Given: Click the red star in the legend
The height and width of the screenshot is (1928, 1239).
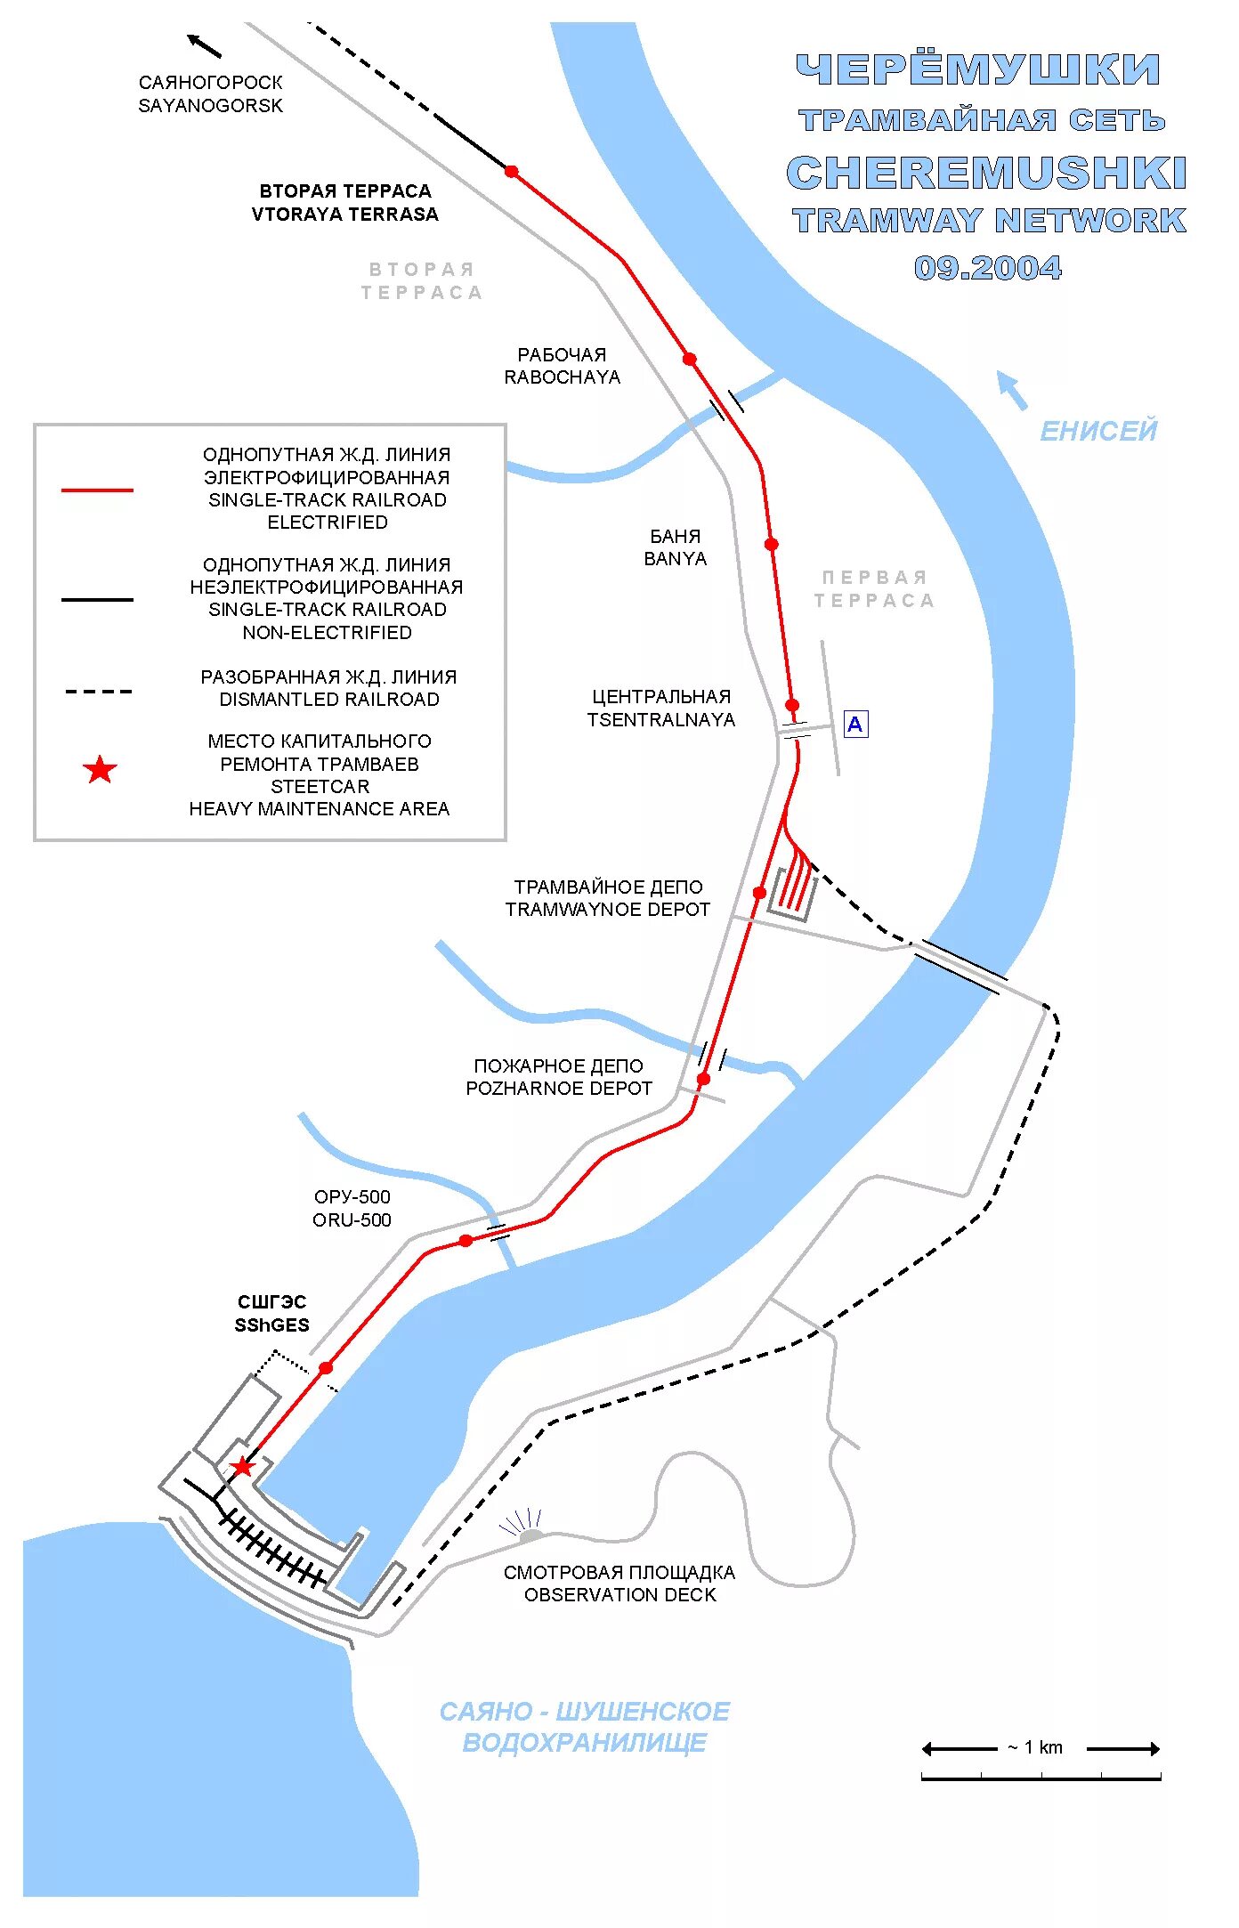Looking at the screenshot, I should point(101,770).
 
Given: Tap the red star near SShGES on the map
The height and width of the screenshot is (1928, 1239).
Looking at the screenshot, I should point(242,1466).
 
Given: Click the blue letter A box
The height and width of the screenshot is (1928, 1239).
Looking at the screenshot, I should point(855,725).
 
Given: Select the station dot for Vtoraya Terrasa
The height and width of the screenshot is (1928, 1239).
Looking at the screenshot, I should point(512,171).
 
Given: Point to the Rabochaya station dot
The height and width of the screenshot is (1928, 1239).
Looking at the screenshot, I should point(690,359).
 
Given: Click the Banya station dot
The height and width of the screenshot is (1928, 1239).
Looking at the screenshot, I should point(772,544).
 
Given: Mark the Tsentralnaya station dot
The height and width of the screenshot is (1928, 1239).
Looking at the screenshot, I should point(792,705).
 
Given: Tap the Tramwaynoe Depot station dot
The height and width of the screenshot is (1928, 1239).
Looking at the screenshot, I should point(759,893).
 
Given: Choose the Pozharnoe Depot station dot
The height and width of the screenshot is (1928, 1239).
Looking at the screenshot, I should point(703,1079).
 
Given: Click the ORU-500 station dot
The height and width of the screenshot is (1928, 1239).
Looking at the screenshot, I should point(466,1241).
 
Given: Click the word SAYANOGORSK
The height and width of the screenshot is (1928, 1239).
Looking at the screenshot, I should point(210,106).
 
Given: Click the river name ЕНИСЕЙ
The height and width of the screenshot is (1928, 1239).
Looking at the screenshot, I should point(1098,432).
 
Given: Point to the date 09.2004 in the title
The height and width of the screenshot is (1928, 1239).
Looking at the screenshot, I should point(988,268).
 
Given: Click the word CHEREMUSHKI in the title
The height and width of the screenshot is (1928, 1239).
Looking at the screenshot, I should point(986,173).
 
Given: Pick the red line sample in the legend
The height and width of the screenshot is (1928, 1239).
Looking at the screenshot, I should point(97,490).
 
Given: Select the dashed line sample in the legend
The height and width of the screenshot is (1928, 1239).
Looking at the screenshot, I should point(98,691).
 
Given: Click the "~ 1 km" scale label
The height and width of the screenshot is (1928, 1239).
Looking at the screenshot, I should point(1035,1747).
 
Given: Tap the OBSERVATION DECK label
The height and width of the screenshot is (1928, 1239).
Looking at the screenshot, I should point(619,1595).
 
